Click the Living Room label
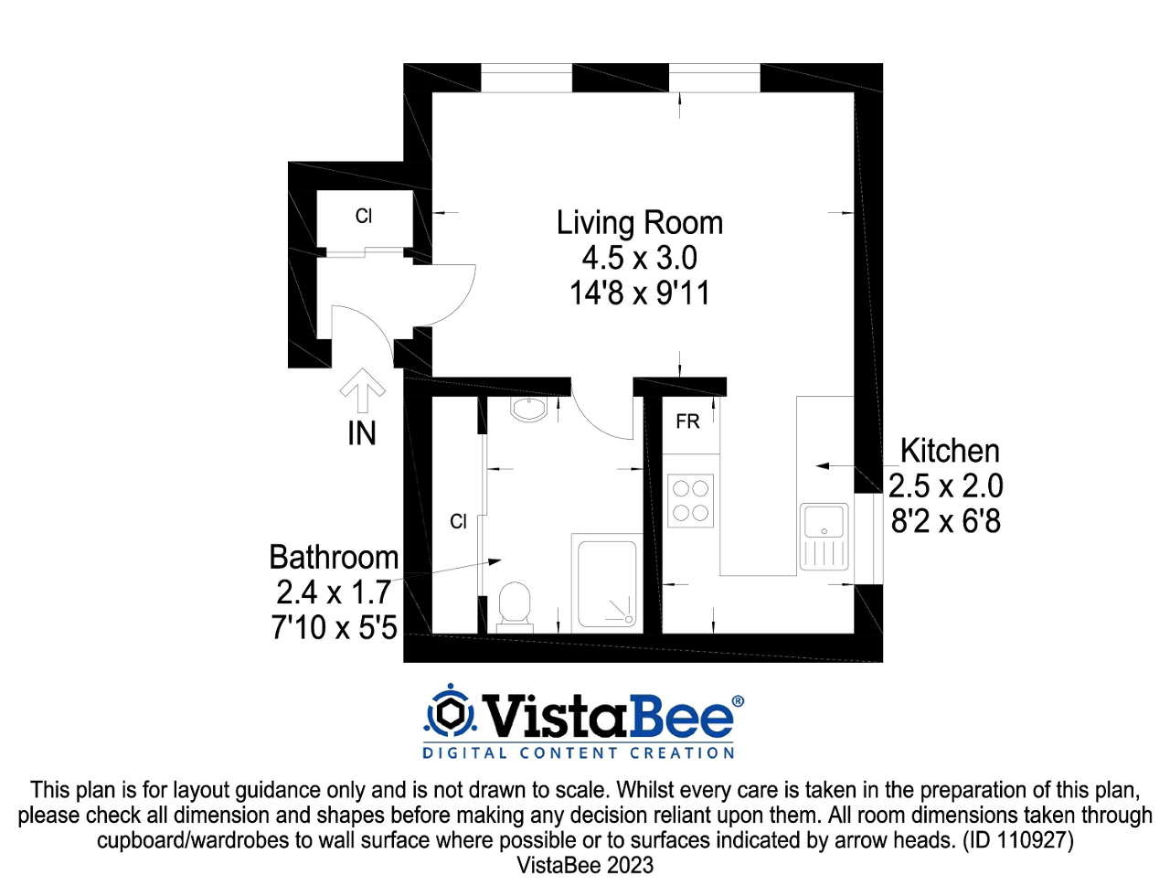(639, 223)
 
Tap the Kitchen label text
(950, 451)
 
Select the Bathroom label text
(334, 558)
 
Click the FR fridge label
(687, 421)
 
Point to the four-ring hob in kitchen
(691, 501)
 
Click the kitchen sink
(824, 536)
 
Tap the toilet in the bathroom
(515, 606)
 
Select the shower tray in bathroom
(604, 583)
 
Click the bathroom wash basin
(529, 409)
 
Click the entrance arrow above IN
(363, 389)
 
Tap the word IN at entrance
(362, 433)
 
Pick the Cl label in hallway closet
(364, 217)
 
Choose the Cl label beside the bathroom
(459, 522)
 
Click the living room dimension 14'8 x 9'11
(639, 293)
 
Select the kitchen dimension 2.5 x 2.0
(946, 486)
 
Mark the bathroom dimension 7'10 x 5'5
(334, 628)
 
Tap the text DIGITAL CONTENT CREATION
(579, 753)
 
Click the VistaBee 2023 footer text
(585, 865)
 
